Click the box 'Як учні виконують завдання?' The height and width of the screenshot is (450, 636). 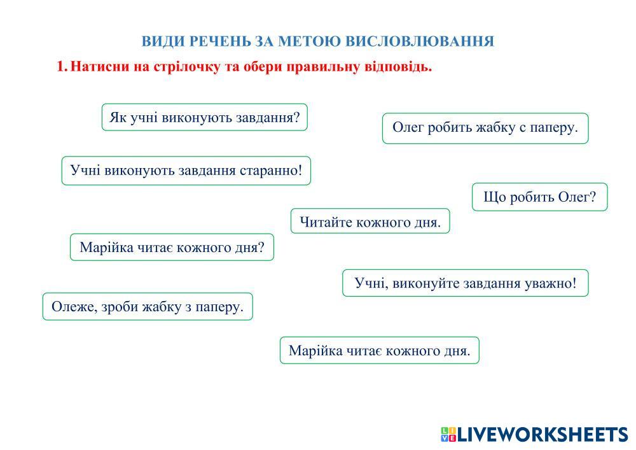204,117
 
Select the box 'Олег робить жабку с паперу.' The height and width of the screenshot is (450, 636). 485,128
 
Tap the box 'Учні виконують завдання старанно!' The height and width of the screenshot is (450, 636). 186,171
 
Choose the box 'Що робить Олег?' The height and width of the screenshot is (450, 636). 539,197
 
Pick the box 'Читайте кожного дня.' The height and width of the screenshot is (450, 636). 370,221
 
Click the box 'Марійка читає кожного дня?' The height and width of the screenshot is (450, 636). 172,247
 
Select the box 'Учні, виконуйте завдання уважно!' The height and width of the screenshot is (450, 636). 466,283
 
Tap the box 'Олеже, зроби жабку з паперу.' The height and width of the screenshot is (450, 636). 148,306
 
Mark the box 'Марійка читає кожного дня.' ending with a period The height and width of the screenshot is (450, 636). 380,350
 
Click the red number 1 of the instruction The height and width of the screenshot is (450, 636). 60,66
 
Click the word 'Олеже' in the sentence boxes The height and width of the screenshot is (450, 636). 73,307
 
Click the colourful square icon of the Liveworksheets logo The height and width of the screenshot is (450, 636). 448,434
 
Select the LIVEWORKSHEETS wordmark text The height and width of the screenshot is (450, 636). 543,434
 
